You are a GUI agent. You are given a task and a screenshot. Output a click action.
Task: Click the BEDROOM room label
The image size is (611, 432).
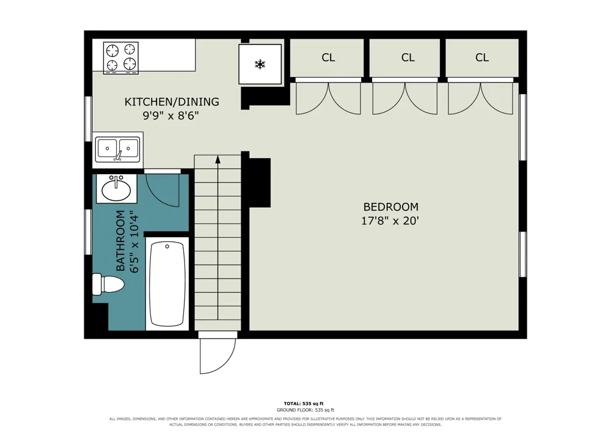(x=391, y=207)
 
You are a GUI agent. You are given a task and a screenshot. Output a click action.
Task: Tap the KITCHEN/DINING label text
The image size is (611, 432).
(x=172, y=101)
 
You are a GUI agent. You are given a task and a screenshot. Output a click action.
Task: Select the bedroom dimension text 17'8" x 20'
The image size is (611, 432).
(x=390, y=221)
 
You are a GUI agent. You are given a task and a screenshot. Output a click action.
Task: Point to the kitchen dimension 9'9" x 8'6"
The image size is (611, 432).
(x=171, y=115)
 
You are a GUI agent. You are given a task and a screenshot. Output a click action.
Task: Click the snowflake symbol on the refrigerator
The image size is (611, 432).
(x=260, y=64)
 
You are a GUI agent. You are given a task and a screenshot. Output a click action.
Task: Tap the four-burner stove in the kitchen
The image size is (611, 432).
(x=121, y=57)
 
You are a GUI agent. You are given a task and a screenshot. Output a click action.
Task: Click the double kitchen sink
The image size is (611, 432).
(x=118, y=150)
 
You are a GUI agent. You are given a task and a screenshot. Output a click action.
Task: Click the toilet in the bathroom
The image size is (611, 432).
(x=108, y=284)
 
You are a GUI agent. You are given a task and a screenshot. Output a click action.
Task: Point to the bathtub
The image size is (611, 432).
(x=167, y=284)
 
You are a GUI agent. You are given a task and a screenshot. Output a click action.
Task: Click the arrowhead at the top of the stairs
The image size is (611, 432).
(x=218, y=159)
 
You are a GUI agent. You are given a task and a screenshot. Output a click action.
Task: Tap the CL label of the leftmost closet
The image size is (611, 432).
(x=328, y=57)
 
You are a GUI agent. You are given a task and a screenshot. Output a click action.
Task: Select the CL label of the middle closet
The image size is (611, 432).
(x=408, y=57)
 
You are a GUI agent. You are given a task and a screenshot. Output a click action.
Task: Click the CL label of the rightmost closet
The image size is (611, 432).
(x=481, y=57)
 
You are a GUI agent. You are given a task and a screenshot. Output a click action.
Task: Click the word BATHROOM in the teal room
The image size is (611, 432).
(x=120, y=241)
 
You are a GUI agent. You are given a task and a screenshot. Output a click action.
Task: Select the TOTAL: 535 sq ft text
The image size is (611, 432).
(x=304, y=403)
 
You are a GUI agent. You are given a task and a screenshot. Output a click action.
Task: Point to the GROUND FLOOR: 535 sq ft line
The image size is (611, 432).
(x=305, y=410)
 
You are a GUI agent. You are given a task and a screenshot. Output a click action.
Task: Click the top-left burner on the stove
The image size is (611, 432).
(x=112, y=50)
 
